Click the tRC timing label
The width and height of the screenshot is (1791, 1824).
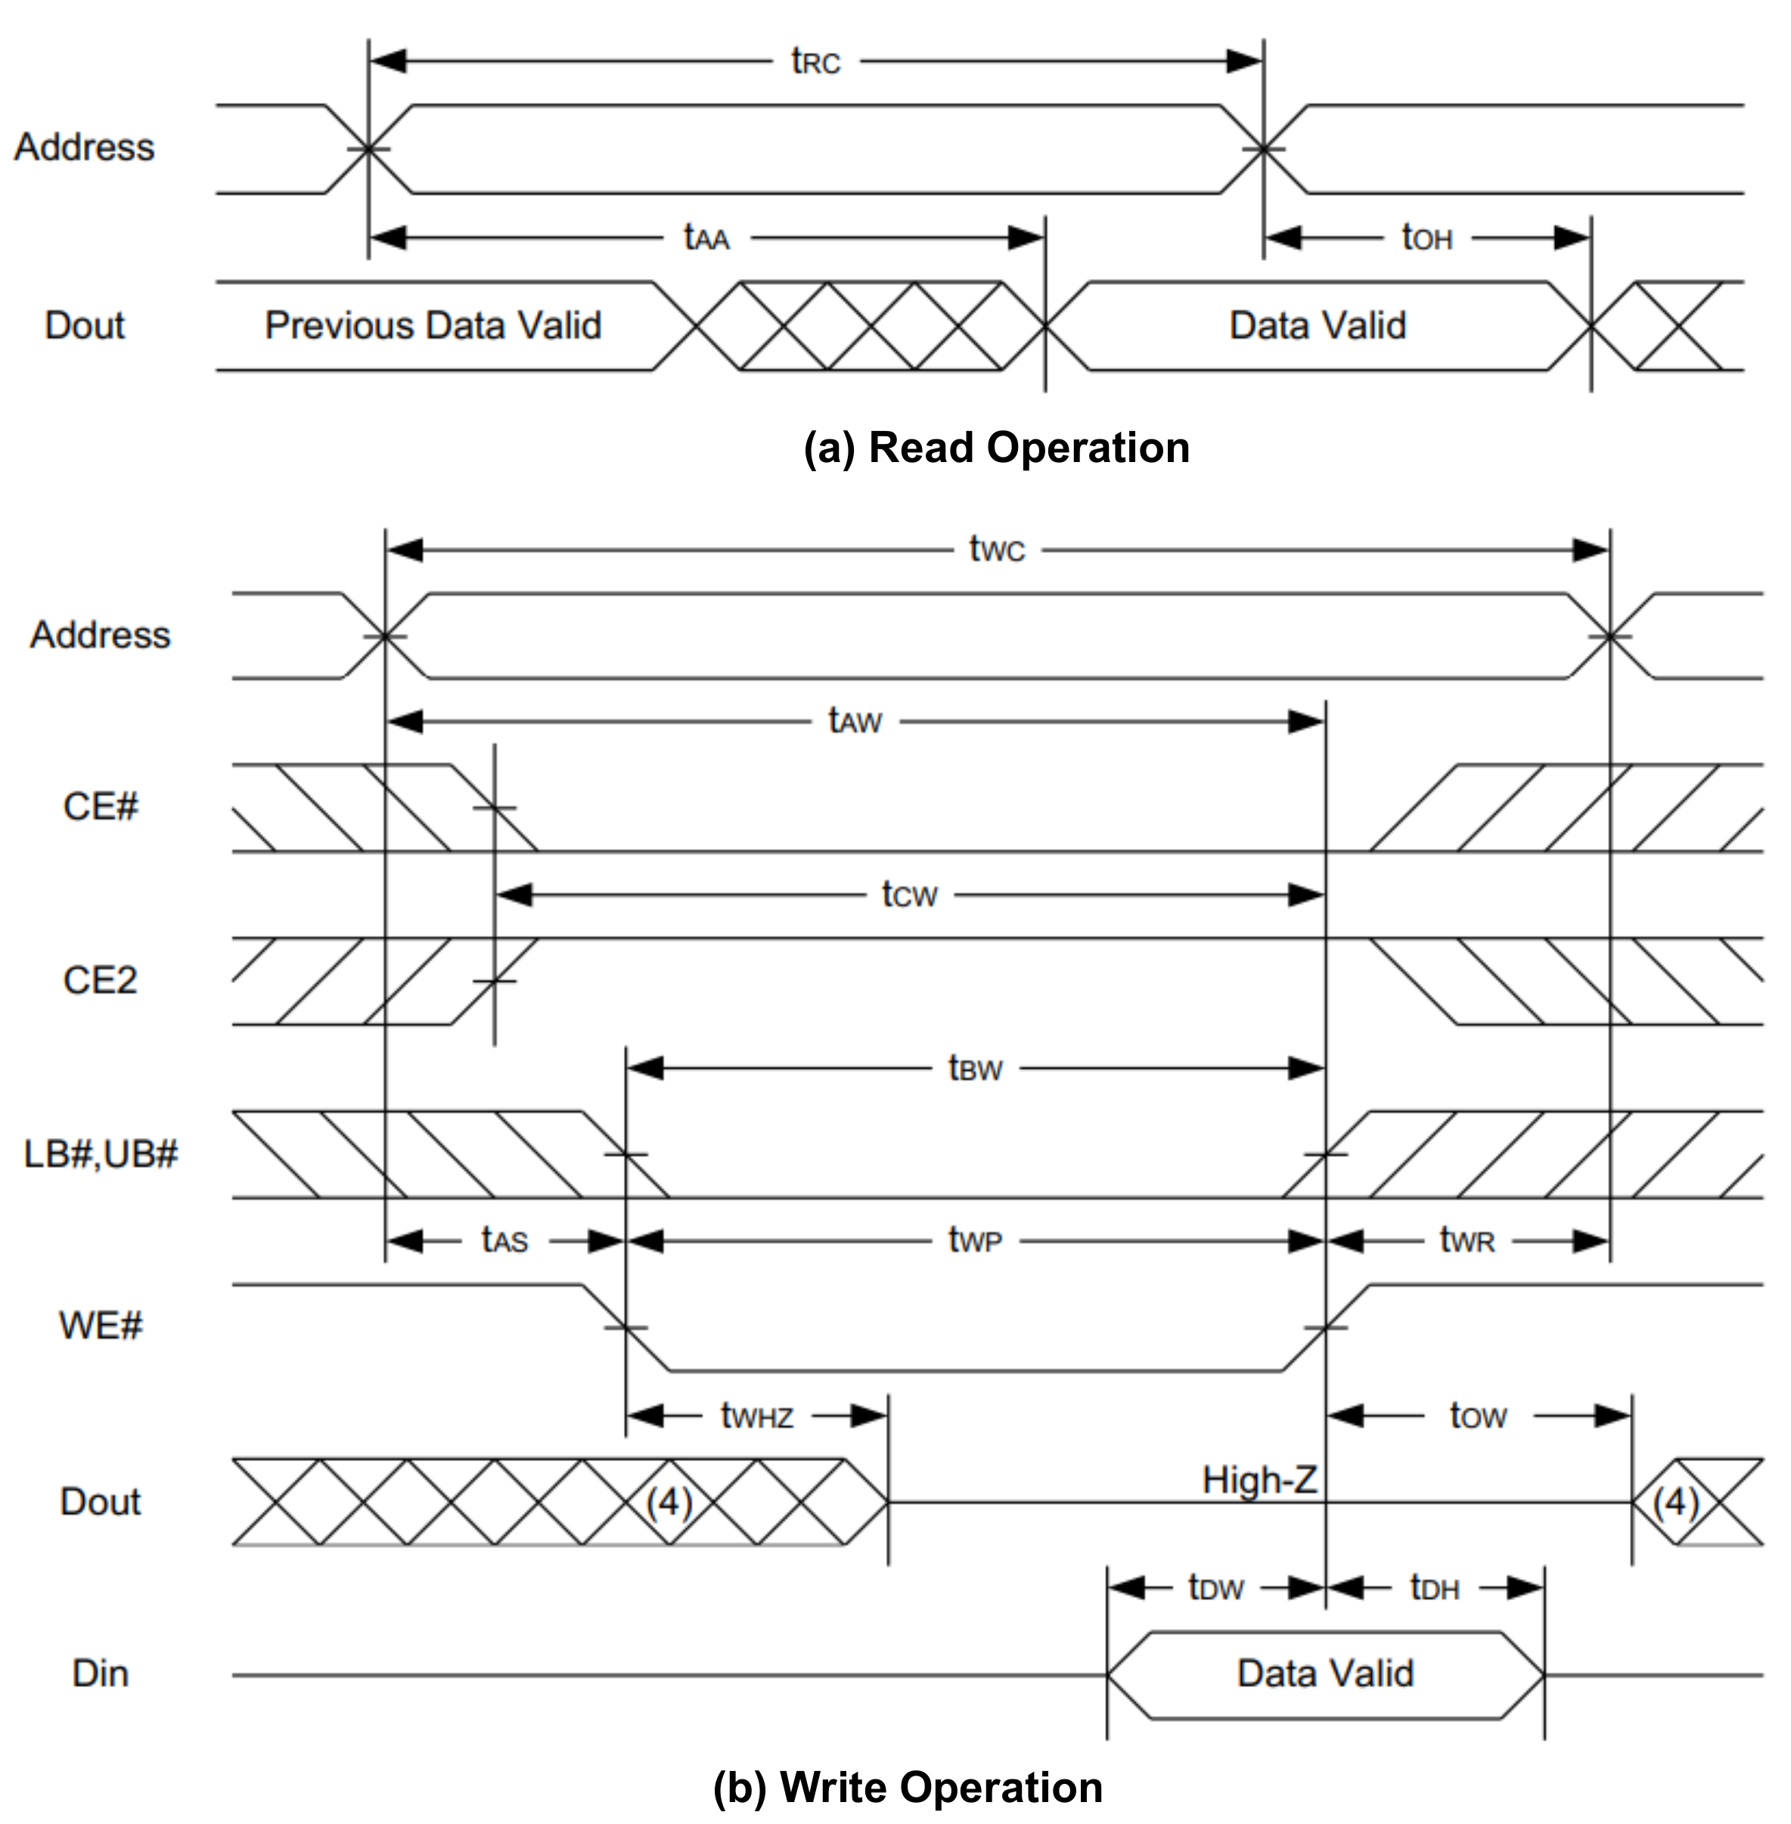(815, 62)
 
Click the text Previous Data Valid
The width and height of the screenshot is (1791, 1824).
(433, 325)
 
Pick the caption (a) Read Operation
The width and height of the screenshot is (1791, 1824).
(996, 448)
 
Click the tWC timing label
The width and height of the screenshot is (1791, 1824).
(996, 548)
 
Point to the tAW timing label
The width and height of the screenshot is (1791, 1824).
(854, 721)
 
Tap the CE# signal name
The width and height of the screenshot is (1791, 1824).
(100, 807)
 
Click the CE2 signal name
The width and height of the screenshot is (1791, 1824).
(100, 981)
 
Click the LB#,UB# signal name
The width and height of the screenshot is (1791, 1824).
(101, 1154)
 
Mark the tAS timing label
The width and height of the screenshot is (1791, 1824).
(504, 1241)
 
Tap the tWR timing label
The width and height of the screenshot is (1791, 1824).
(1467, 1241)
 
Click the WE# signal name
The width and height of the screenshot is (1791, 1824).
(101, 1326)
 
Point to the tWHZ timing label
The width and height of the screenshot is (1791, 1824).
(756, 1416)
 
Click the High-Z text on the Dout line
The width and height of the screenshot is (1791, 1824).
(1259, 1481)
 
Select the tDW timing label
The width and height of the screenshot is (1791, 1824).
(1215, 1588)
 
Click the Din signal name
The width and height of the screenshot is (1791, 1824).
(100, 1674)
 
